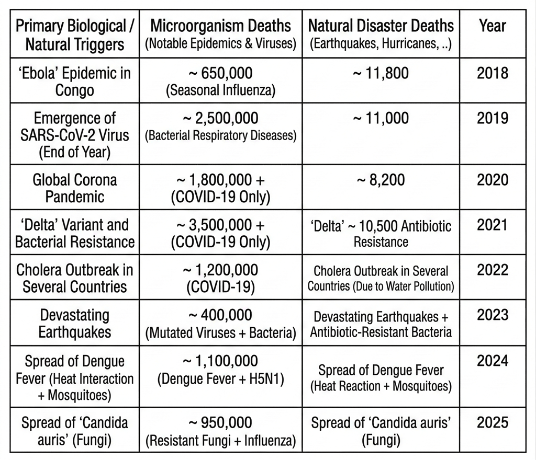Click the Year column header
(493, 26)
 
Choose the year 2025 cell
(493, 422)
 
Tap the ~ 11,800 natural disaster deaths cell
(381, 73)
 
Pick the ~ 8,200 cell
(381, 180)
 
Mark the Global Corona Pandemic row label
(75, 188)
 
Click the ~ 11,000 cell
(381, 118)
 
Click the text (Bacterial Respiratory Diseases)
(220, 135)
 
